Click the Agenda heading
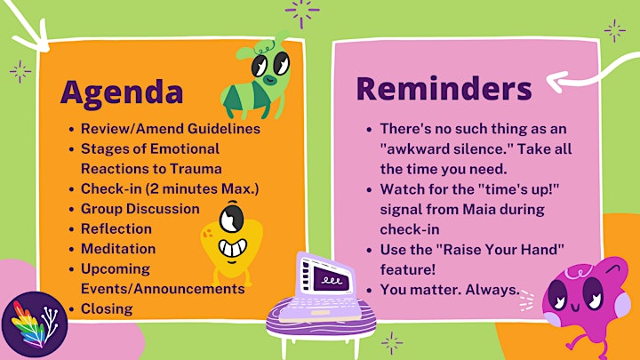tap(122, 93)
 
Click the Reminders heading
tap(444, 88)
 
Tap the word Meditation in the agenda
tap(118, 249)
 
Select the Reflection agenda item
tap(116, 228)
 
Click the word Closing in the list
tap(107, 309)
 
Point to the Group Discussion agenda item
tap(140, 209)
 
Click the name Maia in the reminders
tap(479, 210)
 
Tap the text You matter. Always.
tap(450, 290)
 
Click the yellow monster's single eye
tap(231, 220)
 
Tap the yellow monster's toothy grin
tap(233, 248)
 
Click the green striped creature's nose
tap(269, 80)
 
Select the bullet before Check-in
tap(71, 190)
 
